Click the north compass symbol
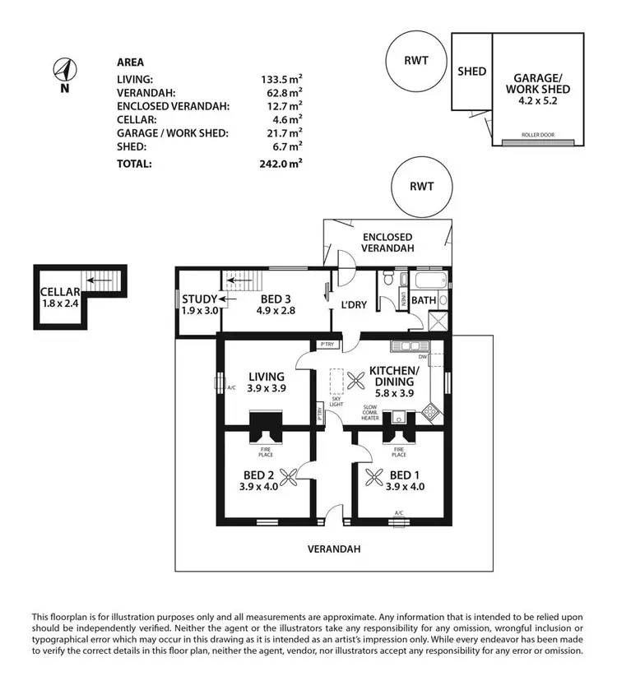(x=63, y=69)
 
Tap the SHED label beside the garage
(x=471, y=72)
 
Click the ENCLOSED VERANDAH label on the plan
(x=388, y=242)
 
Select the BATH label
(x=424, y=301)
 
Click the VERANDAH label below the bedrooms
(x=335, y=549)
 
